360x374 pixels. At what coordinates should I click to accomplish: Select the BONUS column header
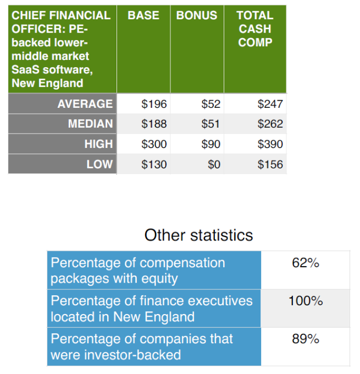197,15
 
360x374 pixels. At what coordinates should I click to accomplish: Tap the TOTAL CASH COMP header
255,29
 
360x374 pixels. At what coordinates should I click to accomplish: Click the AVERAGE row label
85,104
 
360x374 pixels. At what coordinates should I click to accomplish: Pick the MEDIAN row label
90,124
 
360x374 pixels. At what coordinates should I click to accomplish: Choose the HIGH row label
99,144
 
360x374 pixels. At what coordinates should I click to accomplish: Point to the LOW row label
99,164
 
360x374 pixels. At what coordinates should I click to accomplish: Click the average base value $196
154,104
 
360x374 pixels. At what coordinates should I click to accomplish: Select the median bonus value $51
211,124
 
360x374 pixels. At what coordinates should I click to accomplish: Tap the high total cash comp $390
270,144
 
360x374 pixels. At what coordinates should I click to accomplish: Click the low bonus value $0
214,164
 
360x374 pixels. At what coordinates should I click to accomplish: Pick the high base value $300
154,144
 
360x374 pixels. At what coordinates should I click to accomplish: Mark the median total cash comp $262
270,124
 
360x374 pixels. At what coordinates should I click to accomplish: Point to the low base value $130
154,164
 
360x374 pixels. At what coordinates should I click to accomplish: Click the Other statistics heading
198,235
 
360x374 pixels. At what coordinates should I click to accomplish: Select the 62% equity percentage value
306,263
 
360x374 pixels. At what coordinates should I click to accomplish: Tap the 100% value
306,301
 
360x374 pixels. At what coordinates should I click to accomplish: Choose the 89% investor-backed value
306,339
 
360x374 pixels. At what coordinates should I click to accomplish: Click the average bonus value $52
211,104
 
